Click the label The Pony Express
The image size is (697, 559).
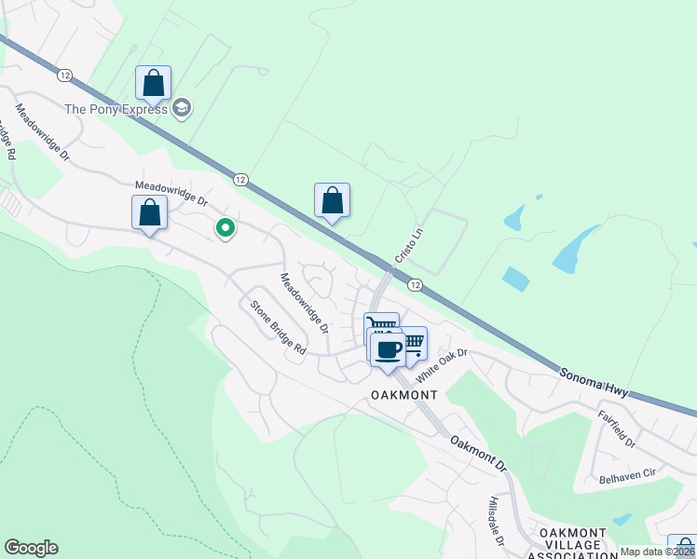[116, 109]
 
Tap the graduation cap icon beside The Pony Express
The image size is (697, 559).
[182, 109]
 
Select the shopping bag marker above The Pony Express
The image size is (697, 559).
[154, 82]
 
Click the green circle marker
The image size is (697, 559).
[225, 226]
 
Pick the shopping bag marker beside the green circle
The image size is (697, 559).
[149, 212]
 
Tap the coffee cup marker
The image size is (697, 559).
[389, 349]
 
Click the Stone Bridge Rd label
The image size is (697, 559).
[277, 326]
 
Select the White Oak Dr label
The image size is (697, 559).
[441, 365]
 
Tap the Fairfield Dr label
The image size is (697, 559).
[617, 429]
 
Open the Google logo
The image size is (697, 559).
[31, 548]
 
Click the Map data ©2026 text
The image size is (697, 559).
[657, 552]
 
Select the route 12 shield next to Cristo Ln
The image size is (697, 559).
[415, 284]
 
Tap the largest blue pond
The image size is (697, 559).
[575, 249]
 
